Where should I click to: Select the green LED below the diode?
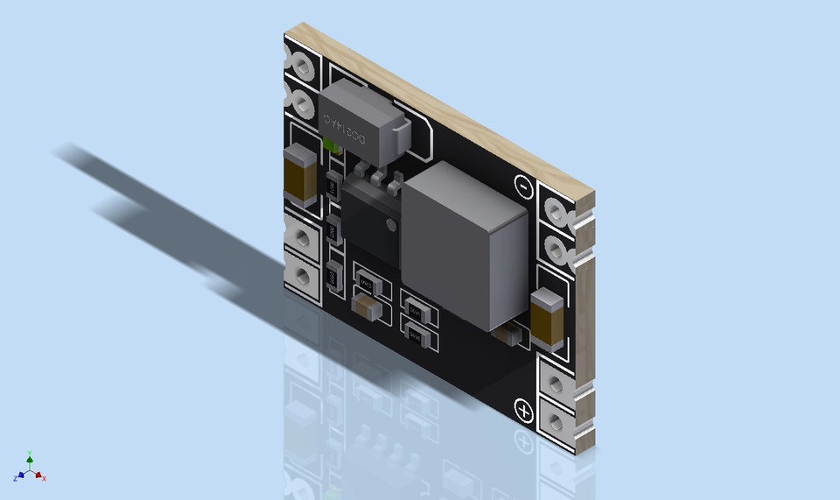332,145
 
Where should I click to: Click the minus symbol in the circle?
522,186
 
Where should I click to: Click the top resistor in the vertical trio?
332,187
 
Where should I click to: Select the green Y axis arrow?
30,456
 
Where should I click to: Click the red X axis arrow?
40,476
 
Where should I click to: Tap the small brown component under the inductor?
507,334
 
